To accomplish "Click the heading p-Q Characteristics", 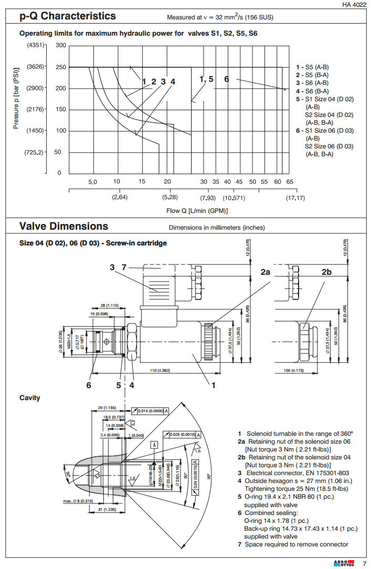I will pyautogui.click(x=68, y=16).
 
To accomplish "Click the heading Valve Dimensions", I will pyautogui.click(x=63, y=227).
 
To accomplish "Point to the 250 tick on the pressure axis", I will pyautogui.click(x=61, y=67).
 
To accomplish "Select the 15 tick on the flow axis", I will pyautogui.click(x=142, y=181).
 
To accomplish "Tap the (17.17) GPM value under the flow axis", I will pyautogui.click(x=295, y=198).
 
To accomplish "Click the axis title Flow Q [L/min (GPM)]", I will pyautogui.click(x=197, y=211).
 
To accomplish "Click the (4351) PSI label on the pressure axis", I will pyautogui.click(x=36, y=45).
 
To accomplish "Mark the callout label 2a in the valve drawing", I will pyautogui.click(x=266, y=272).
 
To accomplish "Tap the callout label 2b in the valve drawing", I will pyautogui.click(x=326, y=272).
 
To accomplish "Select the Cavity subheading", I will pyautogui.click(x=30, y=398).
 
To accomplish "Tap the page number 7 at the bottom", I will pyautogui.click(x=364, y=563).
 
